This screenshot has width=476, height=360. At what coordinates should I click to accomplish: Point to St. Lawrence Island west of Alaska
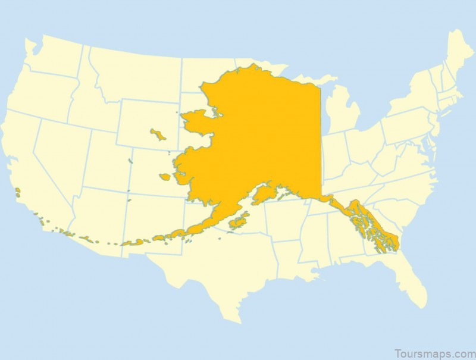point(158,134)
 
